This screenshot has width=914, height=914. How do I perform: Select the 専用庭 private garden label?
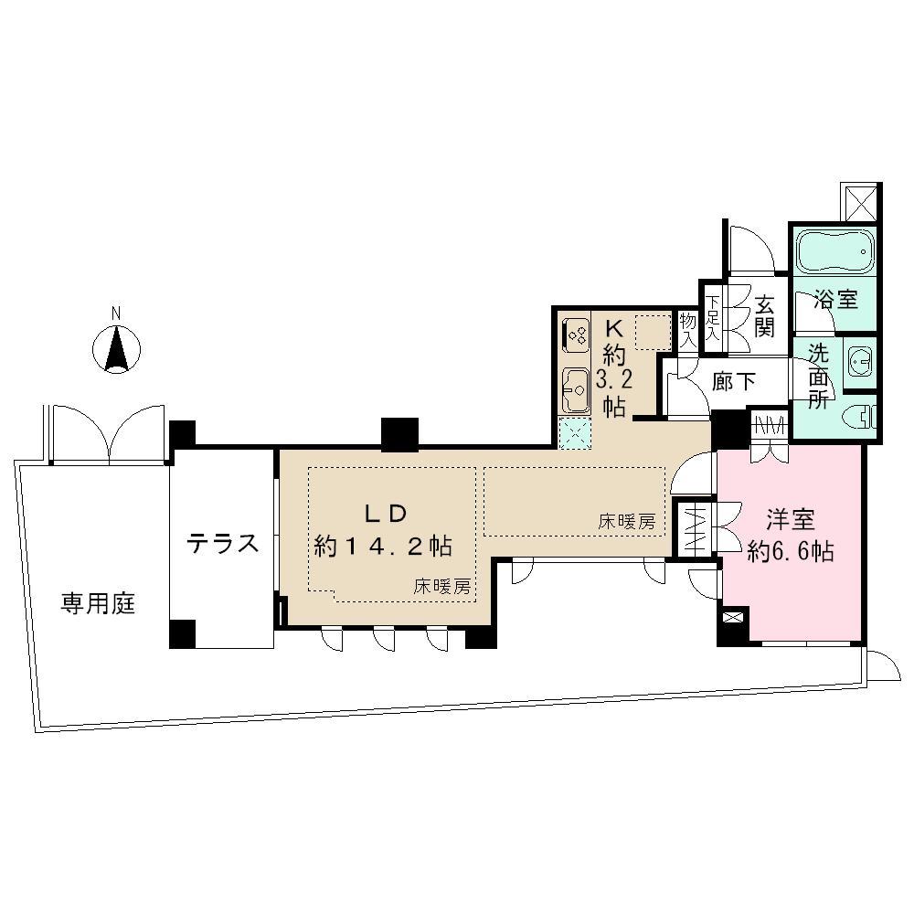click(98, 604)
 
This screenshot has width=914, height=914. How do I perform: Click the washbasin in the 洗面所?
click(859, 362)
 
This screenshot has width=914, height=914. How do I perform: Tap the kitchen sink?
click(575, 390)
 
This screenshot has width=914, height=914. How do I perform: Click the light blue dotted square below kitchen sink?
click(575, 434)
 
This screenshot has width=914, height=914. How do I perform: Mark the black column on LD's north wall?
click(399, 434)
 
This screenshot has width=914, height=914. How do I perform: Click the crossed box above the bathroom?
click(861, 202)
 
